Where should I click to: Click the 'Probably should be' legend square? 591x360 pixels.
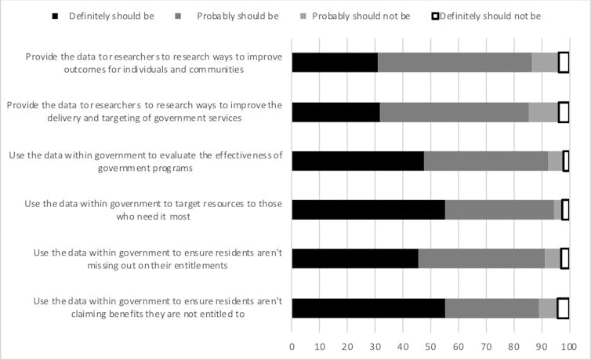[180, 16]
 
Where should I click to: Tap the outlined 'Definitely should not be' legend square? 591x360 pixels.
[433, 16]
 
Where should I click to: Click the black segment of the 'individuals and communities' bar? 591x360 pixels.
[335, 63]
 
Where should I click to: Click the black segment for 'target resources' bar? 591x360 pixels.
[368, 209]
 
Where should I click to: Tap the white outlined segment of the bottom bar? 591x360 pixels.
[563, 308]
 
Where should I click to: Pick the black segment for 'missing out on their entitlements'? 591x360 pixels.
[355, 259]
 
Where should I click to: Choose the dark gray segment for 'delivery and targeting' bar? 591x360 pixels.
[454, 112]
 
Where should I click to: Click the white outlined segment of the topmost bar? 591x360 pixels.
[564, 63]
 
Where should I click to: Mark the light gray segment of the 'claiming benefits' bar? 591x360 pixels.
[548, 308]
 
